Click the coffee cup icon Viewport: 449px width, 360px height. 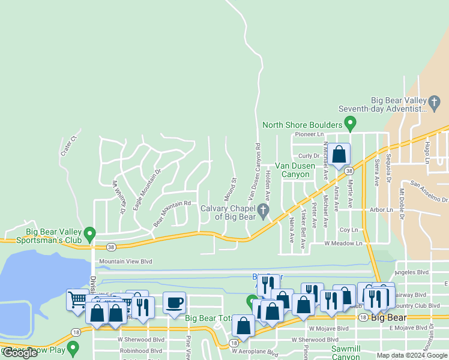174,302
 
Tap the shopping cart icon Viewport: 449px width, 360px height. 77,299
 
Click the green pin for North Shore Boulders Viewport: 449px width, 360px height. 351,125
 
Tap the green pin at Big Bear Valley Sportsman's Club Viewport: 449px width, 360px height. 90,233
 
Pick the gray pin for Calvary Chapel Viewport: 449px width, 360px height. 262,211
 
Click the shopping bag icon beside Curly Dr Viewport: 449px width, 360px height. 339,154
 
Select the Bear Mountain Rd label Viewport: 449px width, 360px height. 172,213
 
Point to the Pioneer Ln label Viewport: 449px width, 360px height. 309,134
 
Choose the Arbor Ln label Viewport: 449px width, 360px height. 381,210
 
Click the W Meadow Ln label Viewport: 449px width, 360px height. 344,244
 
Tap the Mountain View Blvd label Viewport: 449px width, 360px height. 125,262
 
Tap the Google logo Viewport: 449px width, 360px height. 20,353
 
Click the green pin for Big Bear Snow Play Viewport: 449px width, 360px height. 73,347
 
